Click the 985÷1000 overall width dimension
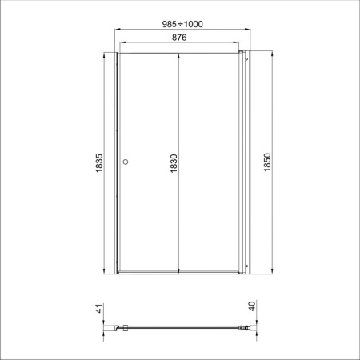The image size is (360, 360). point(182,24)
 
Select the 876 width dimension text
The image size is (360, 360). point(179,38)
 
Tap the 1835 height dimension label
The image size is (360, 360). point(99,163)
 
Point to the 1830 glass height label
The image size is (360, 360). point(174,163)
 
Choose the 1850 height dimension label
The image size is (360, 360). point(267,162)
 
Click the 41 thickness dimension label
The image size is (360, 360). point(99,308)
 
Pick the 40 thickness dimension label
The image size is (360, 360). point(252,306)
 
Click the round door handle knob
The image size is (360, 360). point(126,162)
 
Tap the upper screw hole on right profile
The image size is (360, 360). point(246,59)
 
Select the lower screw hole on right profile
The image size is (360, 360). point(246,266)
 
